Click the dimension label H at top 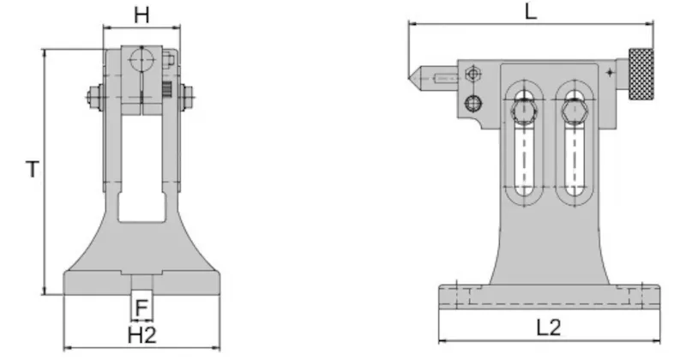click(141, 15)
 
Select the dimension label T click(33, 169)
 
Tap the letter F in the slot click(141, 308)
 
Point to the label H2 click(142, 335)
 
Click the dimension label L click(531, 11)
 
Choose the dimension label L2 click(549, 327)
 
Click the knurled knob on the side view click(641, 74)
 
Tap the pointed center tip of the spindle click(410, 78)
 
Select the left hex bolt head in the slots click(524, 111)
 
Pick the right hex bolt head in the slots click(575, 111)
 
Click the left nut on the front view click(94, 98)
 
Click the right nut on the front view click(187, 97)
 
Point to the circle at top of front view click(141, 60)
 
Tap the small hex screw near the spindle click(472, 74)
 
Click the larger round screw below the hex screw click(473, 104)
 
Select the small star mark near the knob click(610, 73)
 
